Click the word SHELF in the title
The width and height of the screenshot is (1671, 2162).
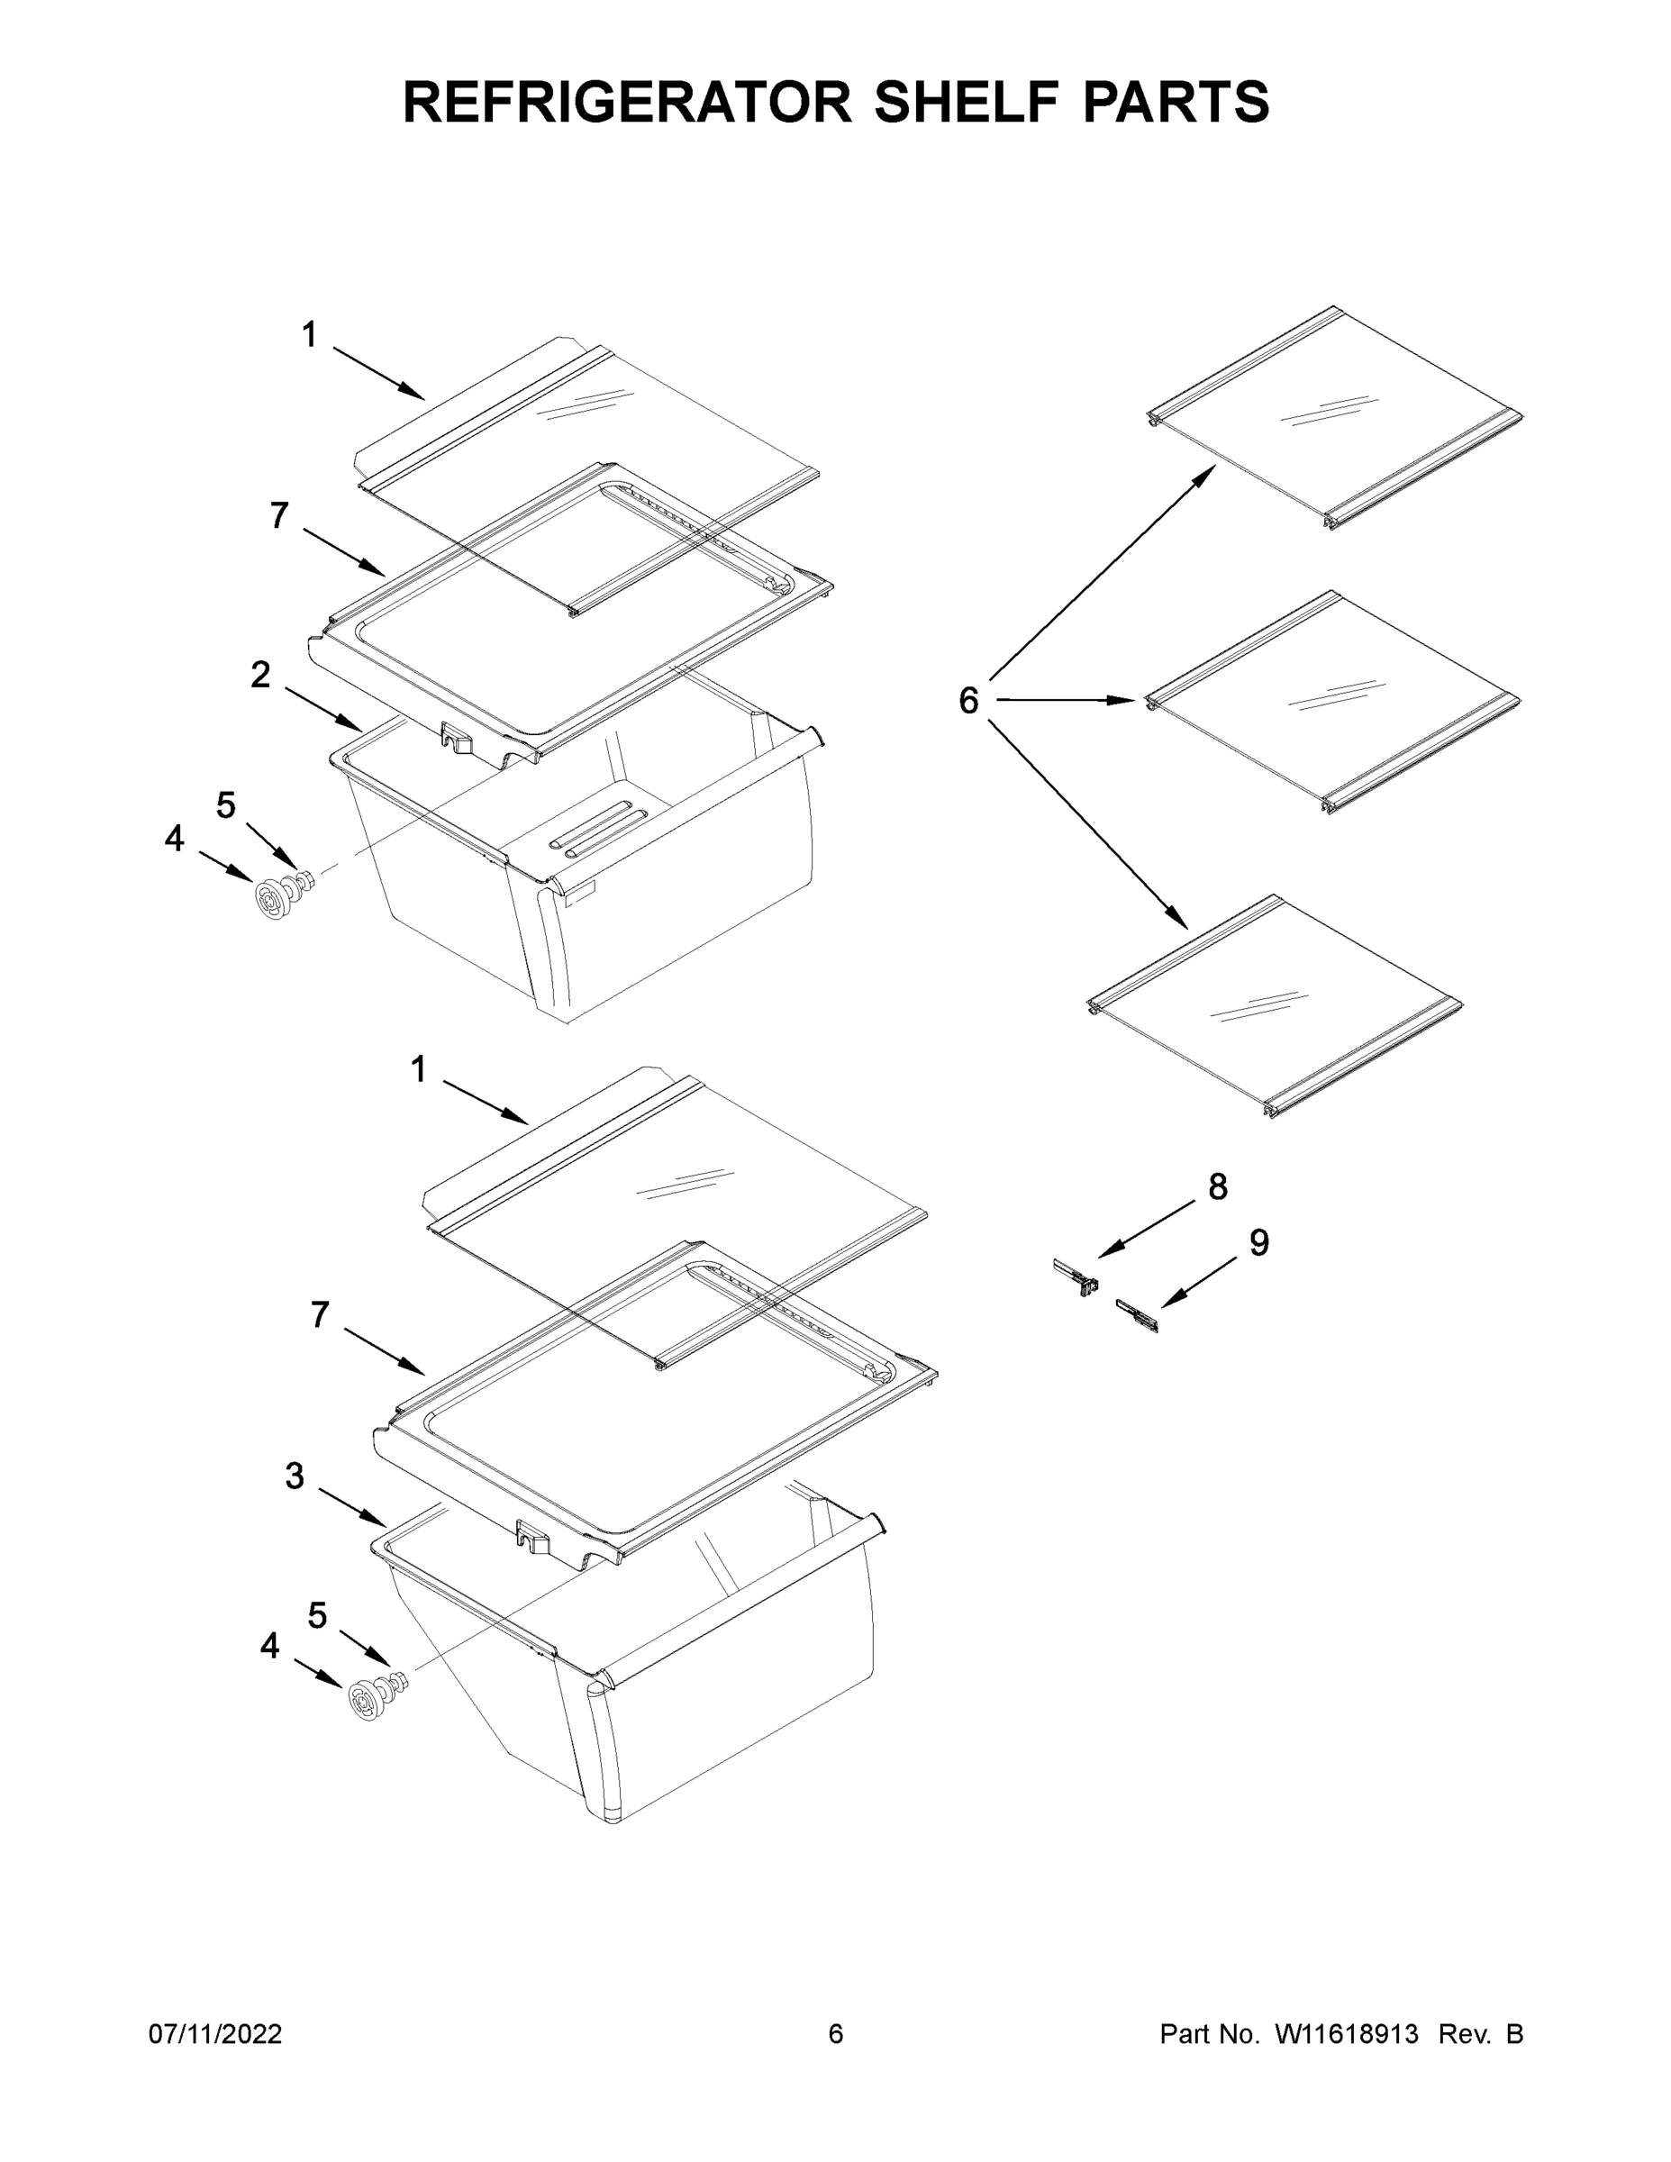click(958, 102)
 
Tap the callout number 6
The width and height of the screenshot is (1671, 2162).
click(968, 701)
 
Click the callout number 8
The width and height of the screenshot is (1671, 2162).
click(1218, 1187)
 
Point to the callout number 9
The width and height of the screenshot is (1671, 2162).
click(1258, 1242)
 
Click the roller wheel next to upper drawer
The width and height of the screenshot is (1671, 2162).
click(270, 899)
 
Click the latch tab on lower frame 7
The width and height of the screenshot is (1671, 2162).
click(532, 1535)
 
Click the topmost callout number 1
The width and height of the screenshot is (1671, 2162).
click(310, 336)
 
